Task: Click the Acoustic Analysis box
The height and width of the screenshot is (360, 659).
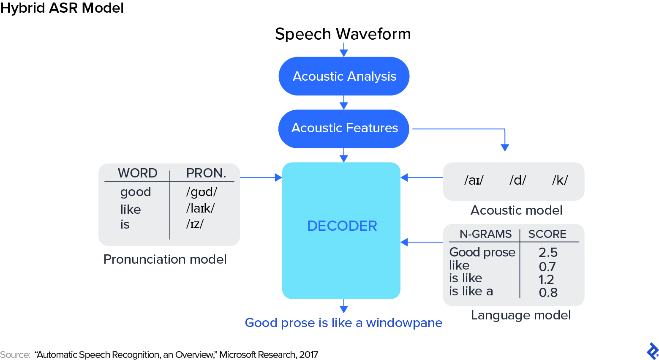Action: pyautogui.click(x=344, y=76)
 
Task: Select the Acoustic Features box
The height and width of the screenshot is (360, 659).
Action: pyautogui.click(x=344, y=128)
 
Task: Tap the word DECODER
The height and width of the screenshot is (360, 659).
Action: pyautogui.click(x=342, y=226)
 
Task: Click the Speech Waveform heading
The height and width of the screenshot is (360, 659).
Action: pyautogui.click(x=343, y=34)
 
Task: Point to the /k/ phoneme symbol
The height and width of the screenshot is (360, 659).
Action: pyautogui.click(x=560, y=180)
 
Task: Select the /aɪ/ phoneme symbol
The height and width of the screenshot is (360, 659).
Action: pyautogui.click(x=474, y=180)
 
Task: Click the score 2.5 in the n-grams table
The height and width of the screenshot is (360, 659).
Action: pyautogui.click(x=548, y=253)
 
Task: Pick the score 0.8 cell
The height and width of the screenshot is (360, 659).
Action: pyautogui.click(x=548, y=292)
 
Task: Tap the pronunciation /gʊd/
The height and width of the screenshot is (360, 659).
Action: pyautogui.click(x=202, y=192)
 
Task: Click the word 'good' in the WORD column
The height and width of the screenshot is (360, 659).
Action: pyautogui.click(x=136, y=192)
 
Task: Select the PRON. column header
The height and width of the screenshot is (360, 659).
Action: pyautogui.click(x=206, y=173)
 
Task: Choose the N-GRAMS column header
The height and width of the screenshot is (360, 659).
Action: pyautogui.click(x=485, y=234)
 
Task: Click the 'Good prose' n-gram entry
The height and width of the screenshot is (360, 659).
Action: pyautogui.click(x=482, y=252)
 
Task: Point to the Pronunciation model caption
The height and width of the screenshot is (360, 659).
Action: pyautogui.click(x=165, y=259)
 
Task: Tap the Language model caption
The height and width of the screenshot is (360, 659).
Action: pyautogui.click(x=520, y=315)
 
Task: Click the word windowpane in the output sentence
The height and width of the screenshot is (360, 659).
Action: pyautogui.click(x=404, y=323)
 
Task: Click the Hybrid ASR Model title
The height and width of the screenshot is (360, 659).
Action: pyautogui.click(x=62, y=8)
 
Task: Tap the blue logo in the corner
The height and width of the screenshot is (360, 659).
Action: pyautogui.click(x=653, y=351)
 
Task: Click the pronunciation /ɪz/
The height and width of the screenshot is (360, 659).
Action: pyautogui.click(x=195, y=224)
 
